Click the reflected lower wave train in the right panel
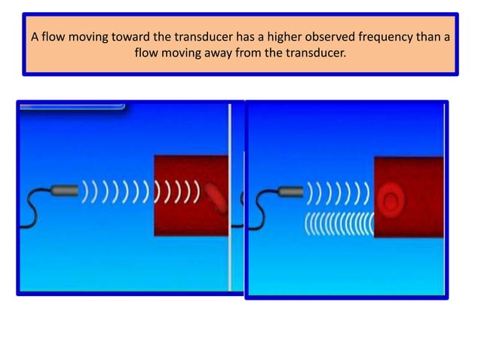338,224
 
